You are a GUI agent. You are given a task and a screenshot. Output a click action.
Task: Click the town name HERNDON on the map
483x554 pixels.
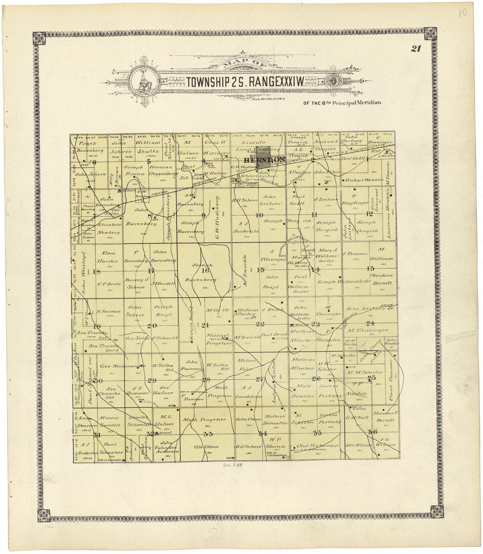264,160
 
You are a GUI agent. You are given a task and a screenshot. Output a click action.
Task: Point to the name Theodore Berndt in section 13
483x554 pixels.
381,279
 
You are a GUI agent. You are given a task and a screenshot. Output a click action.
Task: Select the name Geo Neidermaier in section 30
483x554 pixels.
123,366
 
